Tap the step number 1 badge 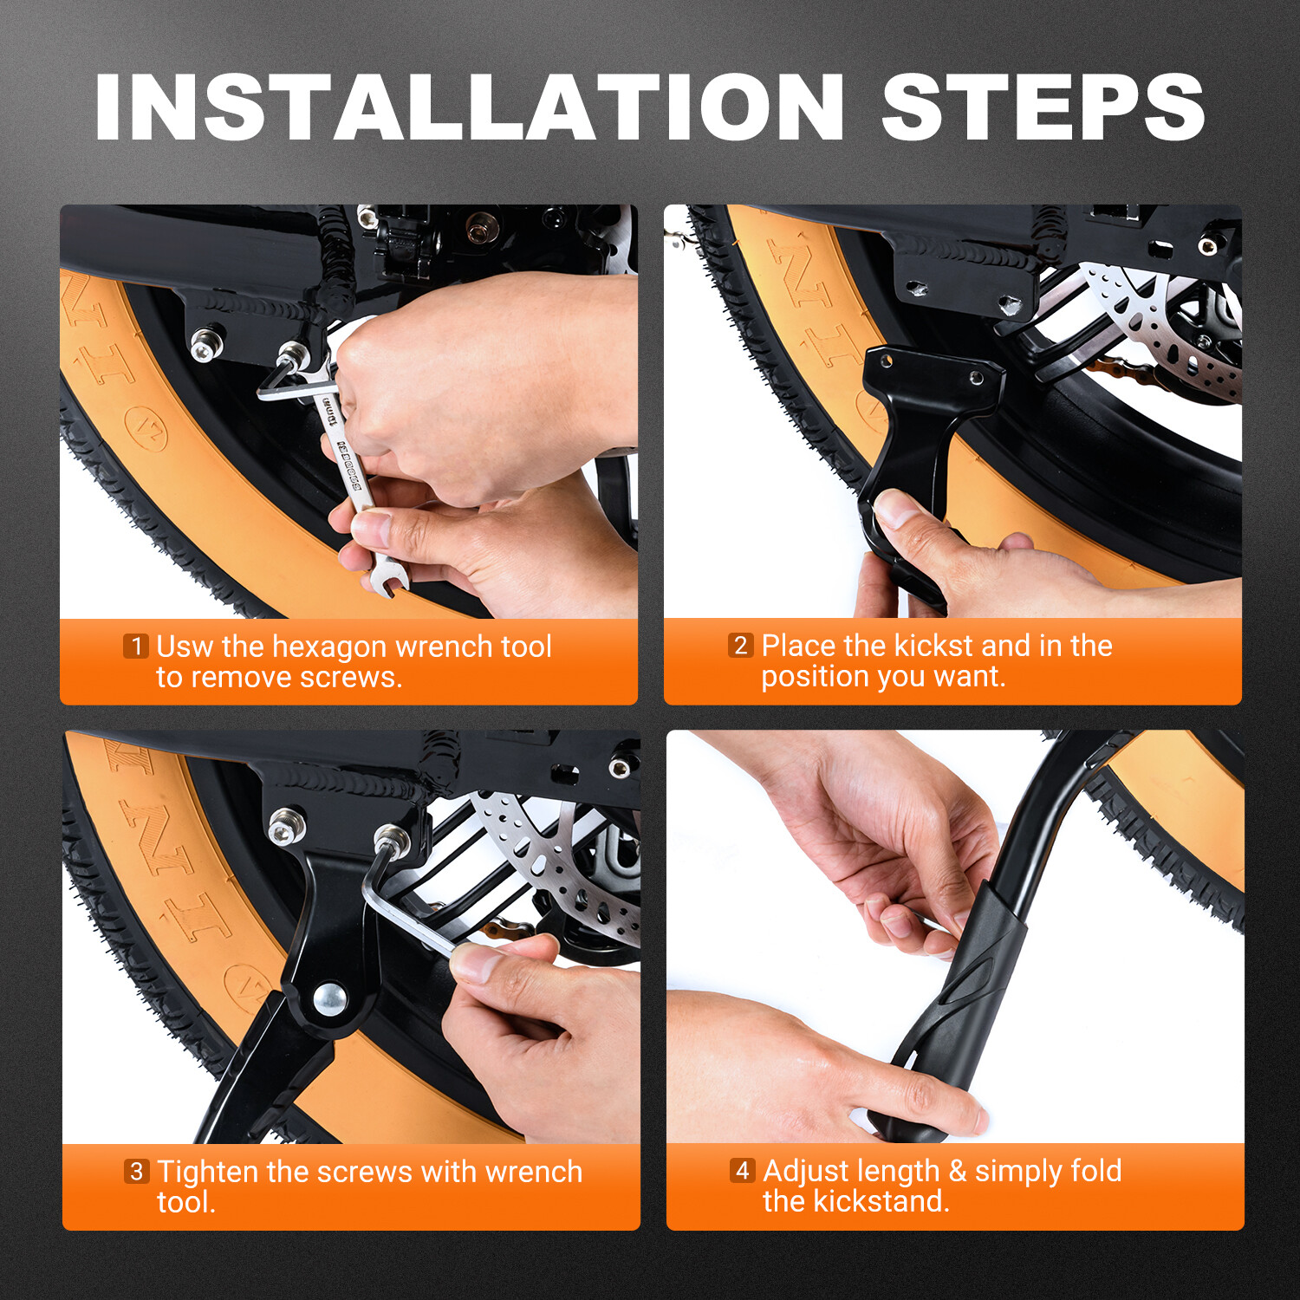click(x=136, y=646)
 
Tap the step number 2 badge click(x=740, y=645)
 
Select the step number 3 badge click(x=136, y=1171)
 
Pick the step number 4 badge click(x=742, y=1170)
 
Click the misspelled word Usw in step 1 click(x=184, y=647)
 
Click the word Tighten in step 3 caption click(x=208, y=1172)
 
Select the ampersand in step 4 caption click(x=958, y=1171)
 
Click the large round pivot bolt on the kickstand click(x=330, y=999)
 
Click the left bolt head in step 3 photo click(x=285, y=828)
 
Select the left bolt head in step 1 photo click(x=205, y=346)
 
